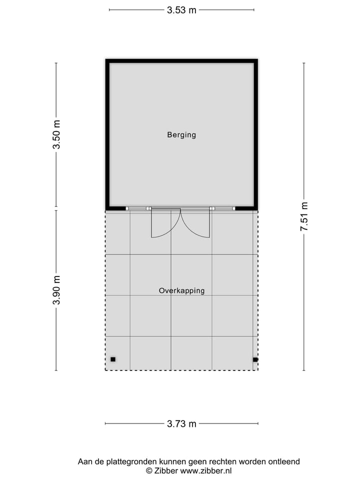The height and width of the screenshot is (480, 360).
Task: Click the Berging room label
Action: [x=181, y=134]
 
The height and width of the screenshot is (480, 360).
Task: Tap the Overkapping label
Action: [x=181, y=290]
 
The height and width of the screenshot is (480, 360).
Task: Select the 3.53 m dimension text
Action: [x=181, y=9]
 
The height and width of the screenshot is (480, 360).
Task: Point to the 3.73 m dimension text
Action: [x=181, y=424]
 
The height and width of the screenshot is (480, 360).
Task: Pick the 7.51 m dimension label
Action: [x=303, y=216]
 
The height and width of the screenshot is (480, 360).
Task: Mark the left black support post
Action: [x=113, y=359]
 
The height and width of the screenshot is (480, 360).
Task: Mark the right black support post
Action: [x=255, y=359]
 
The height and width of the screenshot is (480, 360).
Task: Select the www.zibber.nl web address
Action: [x=206, y=470]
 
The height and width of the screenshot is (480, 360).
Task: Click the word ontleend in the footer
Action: [x=285, y=461]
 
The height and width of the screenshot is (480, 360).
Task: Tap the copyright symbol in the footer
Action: [x=148, y=470]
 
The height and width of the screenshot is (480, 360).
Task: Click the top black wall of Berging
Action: [x=181, y=61]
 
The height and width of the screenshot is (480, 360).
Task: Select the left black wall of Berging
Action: [x=107, y=134]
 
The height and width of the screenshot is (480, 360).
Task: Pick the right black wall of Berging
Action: [x=255, y=134]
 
